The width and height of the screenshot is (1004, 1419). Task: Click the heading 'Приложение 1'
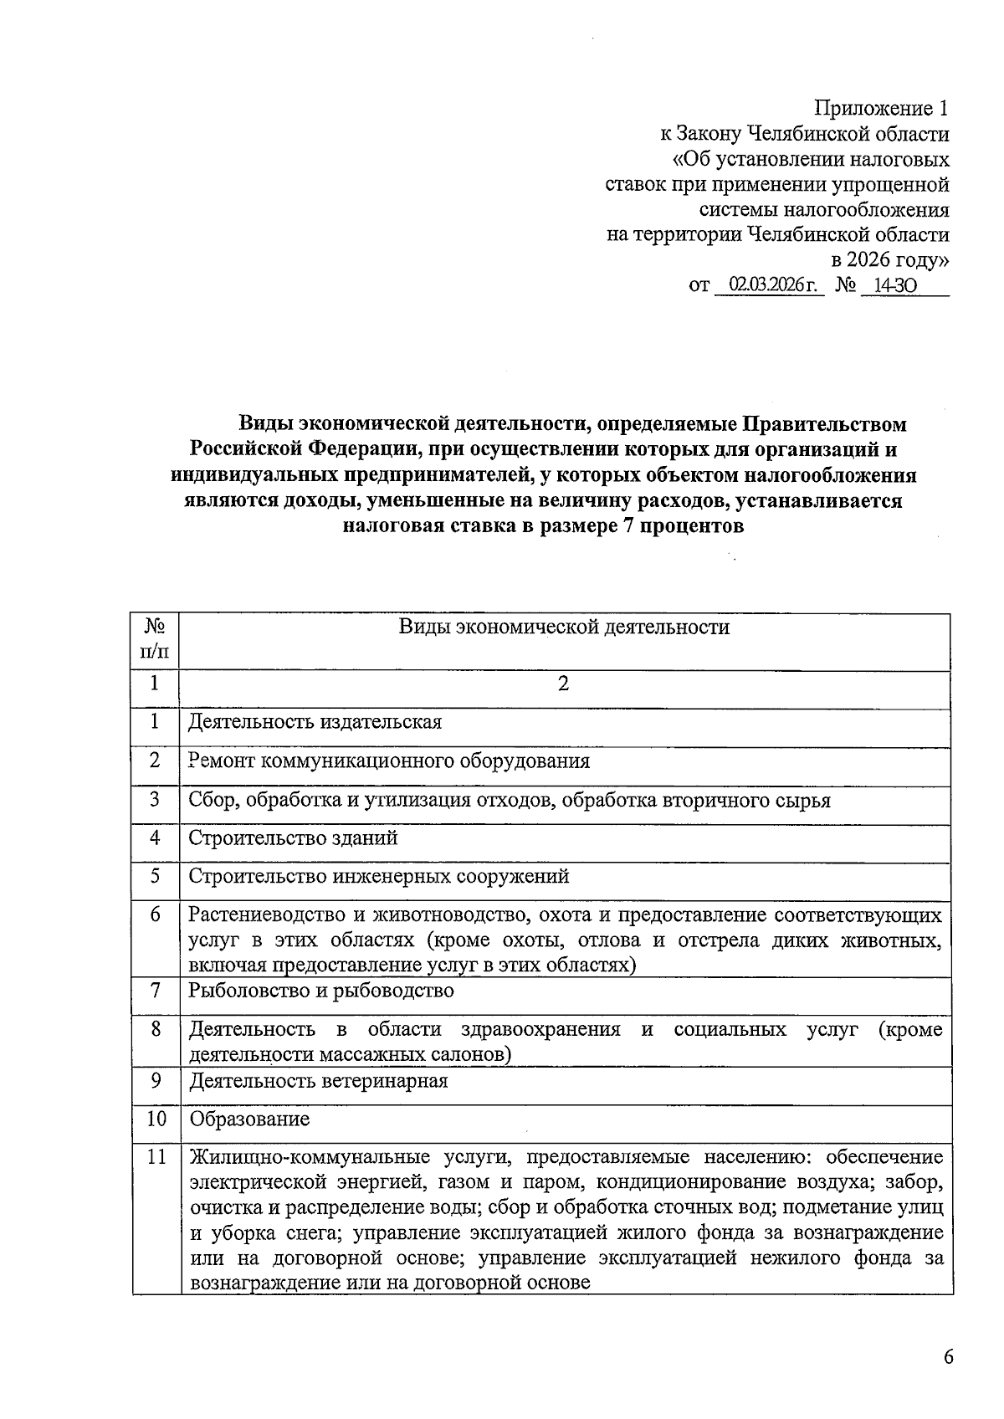click(882, 109)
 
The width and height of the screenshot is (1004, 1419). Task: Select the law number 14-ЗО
click(894, 286)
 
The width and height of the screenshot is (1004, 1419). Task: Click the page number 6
click(948, 1357)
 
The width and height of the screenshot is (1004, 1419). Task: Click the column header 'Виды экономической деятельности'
click(564, 628)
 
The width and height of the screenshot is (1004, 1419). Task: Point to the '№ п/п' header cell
click(155, 638)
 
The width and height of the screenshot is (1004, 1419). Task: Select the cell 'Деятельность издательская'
click(315, 722)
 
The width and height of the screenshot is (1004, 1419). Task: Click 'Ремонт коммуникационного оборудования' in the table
click(389, 761)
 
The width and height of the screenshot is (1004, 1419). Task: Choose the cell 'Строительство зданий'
click(293, 838)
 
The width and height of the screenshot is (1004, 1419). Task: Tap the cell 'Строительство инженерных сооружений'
click(378, 877)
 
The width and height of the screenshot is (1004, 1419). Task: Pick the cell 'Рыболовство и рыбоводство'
click(321, 991)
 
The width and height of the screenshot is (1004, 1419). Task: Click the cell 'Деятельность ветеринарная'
click(318, 1081)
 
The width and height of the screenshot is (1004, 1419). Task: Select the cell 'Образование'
click(249, 1119)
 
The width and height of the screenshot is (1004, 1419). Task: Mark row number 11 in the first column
click(156, 1158)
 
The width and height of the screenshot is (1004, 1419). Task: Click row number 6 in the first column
click(156, 914)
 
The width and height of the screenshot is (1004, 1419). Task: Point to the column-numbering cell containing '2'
click(564, 684)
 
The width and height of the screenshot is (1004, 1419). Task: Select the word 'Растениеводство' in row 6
click(264, 915)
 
